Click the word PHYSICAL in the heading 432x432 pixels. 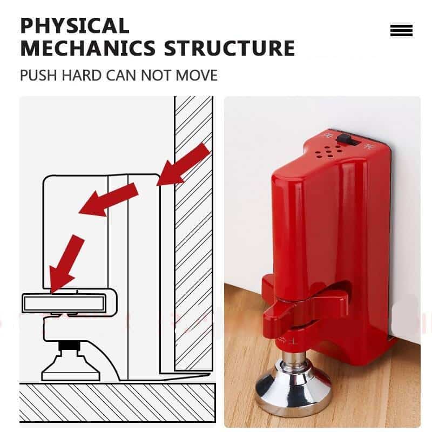coord(75,25)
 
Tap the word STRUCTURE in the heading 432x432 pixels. coord(230,48)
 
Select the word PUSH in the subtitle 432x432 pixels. coord(39,75)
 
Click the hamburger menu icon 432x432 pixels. coord(401,31)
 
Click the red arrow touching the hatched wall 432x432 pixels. coord(183,165)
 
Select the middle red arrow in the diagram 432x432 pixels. coord(108,199)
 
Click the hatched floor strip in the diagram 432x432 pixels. coord(117,402)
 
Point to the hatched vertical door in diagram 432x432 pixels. coord(193,232)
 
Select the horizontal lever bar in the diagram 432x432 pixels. coord(65,303)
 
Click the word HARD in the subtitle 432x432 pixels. coord(82,75)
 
